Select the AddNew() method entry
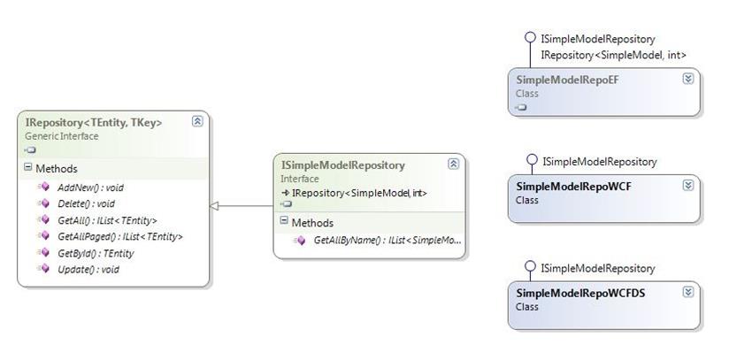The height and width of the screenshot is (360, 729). [86, 187]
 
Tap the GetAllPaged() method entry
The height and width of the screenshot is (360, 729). [119, 236]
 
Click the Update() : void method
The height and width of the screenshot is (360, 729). [88, 269]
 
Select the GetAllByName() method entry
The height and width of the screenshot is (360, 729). [387, 240]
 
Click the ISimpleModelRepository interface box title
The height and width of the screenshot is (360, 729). [342, 165]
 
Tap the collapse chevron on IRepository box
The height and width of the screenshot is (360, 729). [196, 122]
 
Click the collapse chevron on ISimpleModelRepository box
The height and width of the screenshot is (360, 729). [453, 164]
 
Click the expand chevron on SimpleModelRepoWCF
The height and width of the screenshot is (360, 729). [687, 185]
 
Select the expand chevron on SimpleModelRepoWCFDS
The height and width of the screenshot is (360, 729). [687, 292]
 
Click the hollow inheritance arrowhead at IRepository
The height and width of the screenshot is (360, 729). [215, 205]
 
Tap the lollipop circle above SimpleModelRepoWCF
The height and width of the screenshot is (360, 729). [531, 160]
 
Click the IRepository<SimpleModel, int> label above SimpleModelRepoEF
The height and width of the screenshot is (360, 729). [612, 55]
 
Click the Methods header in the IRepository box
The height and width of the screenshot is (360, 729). [56, 168]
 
